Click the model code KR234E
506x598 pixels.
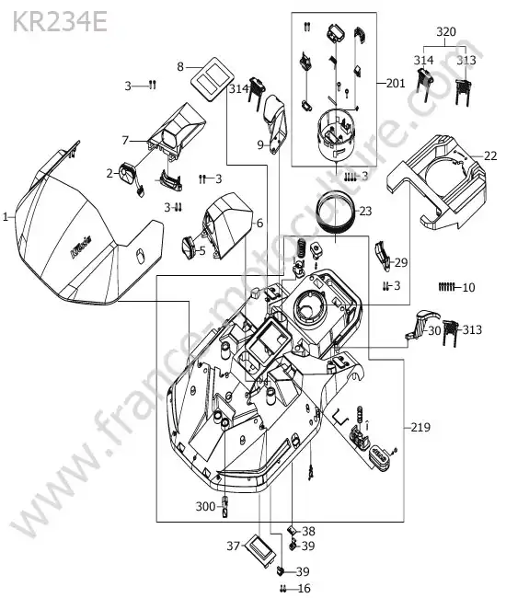[x=60, y=22]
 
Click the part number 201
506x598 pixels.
[x=396, y=83]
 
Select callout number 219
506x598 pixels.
[x=420, y=427]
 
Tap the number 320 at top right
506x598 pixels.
[x=446, y=31]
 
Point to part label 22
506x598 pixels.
[x=490, y=156]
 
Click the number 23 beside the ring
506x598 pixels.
[x=365, y=211]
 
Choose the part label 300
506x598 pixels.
[x=205, y=507]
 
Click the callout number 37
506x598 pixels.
[x=233, y=546]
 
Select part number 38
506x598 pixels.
[x=308, y=531]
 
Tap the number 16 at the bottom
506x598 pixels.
[x=304, y=589]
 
